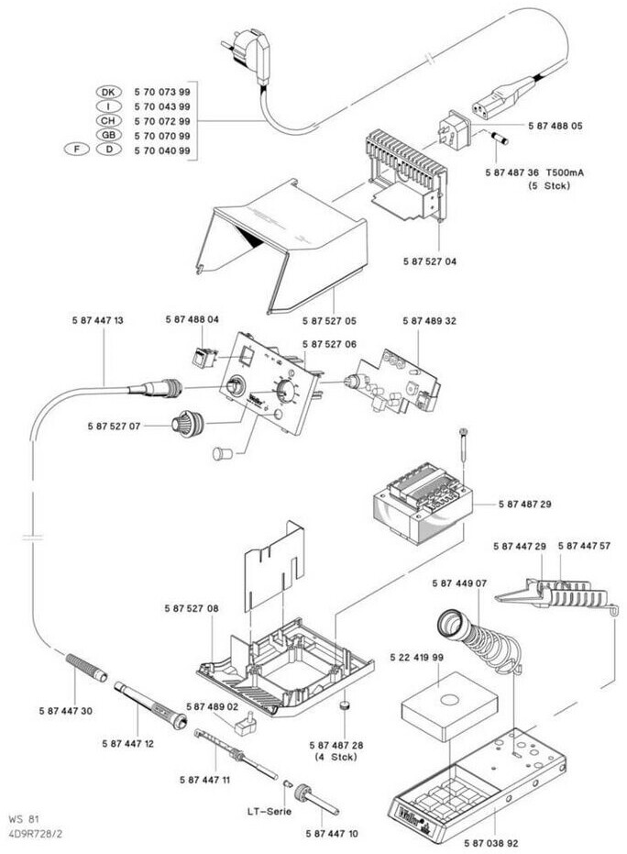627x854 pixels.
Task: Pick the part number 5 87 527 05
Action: pyautogui.click(x=329, y=320)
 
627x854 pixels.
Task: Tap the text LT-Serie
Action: pyautogui.click(x=270, y=811)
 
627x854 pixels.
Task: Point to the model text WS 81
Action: pyautogui.click(x=26, y=818)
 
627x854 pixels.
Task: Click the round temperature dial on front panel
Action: pyautogui.click(x=286, y=394)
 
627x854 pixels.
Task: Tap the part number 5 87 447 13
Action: pyautogui.click(x=97, y=320)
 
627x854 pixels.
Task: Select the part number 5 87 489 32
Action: pyautogui.click(x=429, y=320)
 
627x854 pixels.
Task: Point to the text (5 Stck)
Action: pyautogui.click(x=550, y=186)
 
